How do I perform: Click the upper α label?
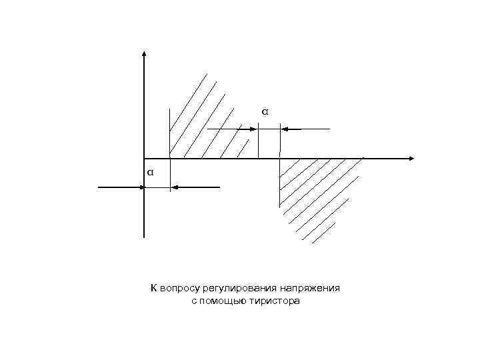[x=265, y=111]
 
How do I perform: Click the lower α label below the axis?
[x=151, y=172]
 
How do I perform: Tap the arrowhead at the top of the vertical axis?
[x=144, y=53]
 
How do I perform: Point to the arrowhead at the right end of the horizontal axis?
[x=411, y=159]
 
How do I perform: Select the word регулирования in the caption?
[x=235, y=289]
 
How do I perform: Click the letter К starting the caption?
[x=153, y=289]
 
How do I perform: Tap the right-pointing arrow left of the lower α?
[x=121, y=188]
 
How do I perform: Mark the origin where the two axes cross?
[x=144, y=159]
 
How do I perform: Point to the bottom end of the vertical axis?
[x=144, y=236]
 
